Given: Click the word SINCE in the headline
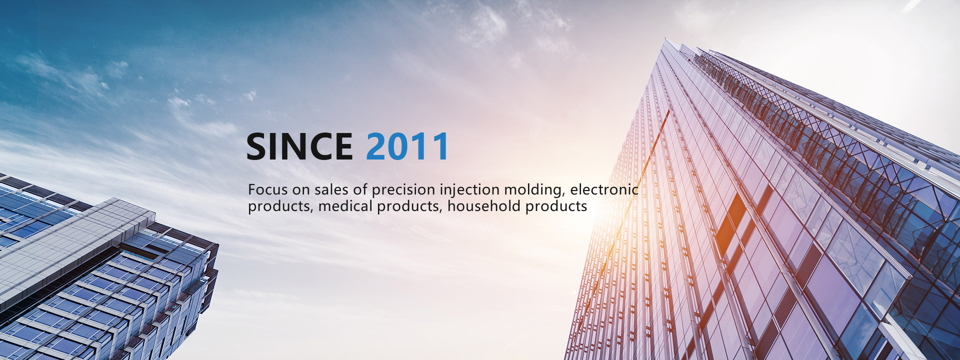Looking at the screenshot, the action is [299, 146].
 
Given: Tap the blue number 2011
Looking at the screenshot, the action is [407, 146].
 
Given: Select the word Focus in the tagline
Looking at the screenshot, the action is [268, 189].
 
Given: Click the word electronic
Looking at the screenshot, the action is [604, 189].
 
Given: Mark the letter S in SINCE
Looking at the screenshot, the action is [257, 146].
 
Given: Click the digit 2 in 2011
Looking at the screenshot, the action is [376, 146].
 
